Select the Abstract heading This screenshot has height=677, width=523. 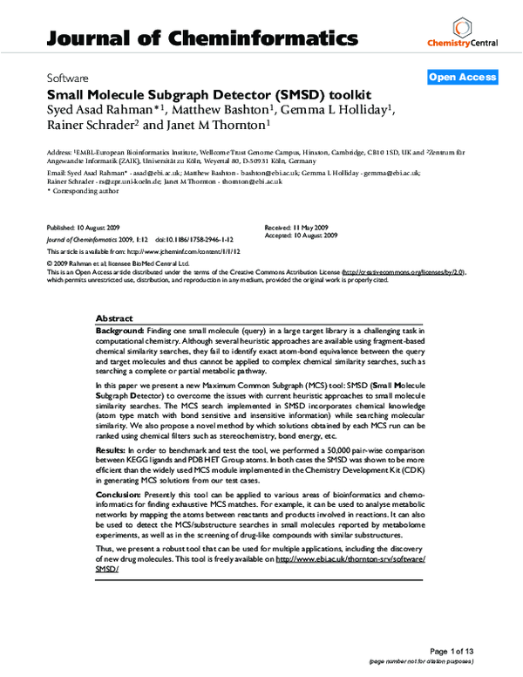[x=114, y=319]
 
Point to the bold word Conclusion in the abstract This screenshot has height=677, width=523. [x=117, y=493]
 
